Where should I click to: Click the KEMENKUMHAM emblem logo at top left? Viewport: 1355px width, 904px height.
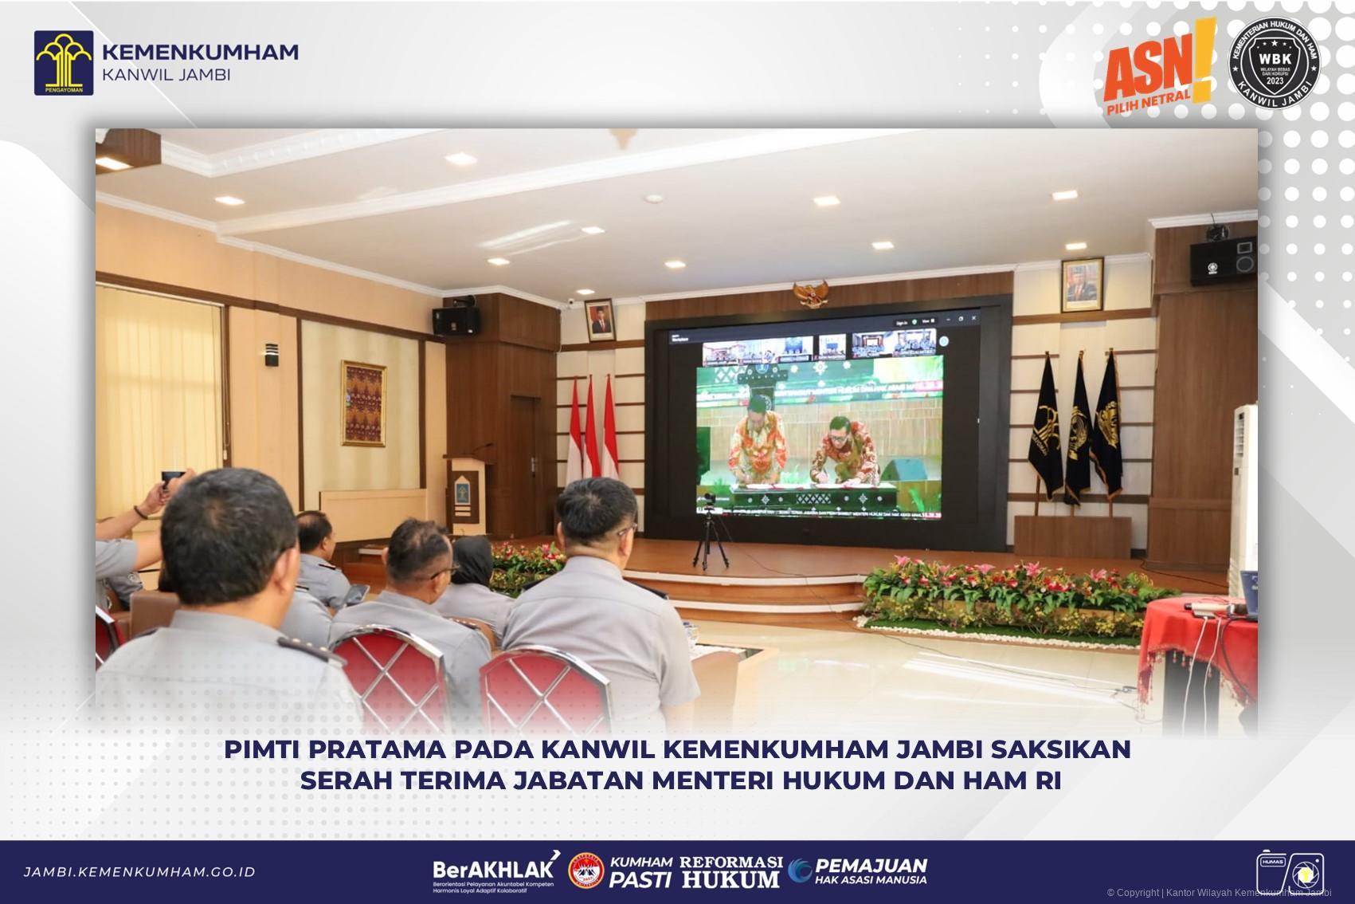pyautogui.click(x=64, y=63)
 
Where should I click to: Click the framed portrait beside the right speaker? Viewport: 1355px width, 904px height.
pyautogui.click(x=1082, y=284)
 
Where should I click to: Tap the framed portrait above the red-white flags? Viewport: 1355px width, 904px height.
pyautogui.click(x=599, y=320)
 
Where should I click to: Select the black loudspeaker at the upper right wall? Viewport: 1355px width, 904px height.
pyautogui.click(x=1222, y=261)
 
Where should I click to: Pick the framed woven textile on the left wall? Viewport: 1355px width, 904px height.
pyautogui.click(x=363, y=403)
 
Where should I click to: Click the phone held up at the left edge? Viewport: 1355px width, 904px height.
pyautogui.click(x=173, y=477)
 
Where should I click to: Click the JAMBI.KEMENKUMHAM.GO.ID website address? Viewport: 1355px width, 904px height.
pyautogui.click(x=139, y=872)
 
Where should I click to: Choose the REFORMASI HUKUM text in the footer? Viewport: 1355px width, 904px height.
pyautogui.click(x=730, y=872)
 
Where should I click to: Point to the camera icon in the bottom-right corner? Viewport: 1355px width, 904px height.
pyautogui.click(x=1290, y=871)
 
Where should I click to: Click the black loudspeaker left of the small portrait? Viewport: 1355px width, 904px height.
pyautogui.click(x=456, y=320)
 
